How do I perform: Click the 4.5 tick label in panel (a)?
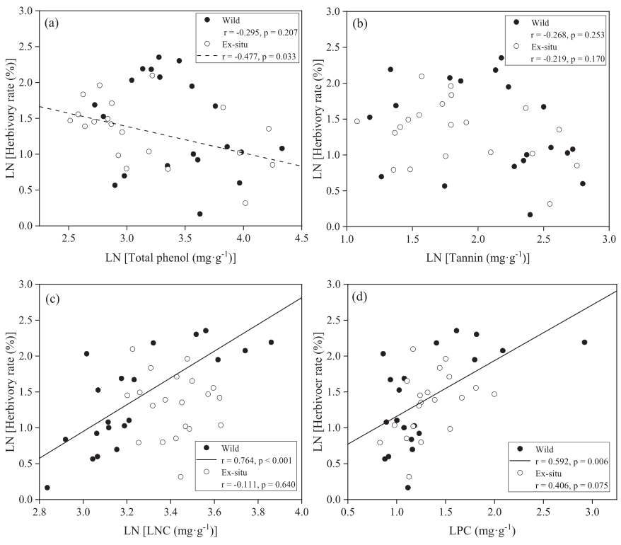(302, 237)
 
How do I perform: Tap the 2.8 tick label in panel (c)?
(40, 511)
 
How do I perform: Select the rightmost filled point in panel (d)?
(584, 342)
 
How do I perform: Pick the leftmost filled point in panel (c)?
(47, 488)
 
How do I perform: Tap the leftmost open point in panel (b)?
(357, 121)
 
